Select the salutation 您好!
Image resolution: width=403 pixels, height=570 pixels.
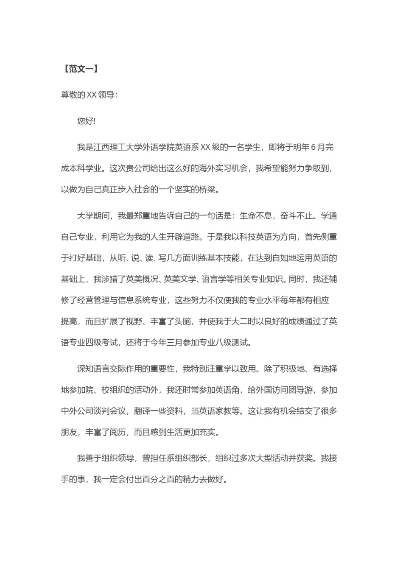tap(87, 121)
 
